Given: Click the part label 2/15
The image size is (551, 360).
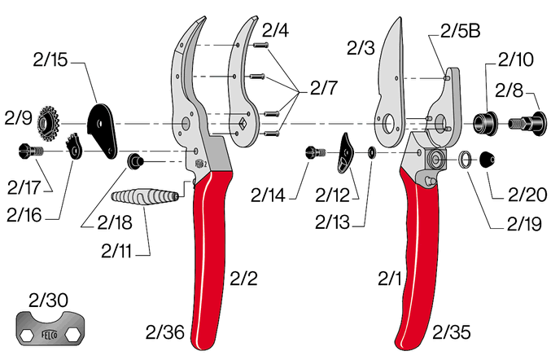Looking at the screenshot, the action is [50, 59].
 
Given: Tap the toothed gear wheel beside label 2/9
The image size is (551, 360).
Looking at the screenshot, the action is [48, 124].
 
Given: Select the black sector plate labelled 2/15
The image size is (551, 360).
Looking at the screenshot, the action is [102, 131].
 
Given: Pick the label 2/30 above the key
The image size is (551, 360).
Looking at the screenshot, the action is [49, 301].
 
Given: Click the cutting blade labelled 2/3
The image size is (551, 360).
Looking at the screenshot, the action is [391, 85].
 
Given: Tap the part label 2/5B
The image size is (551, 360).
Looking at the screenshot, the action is [460, 31].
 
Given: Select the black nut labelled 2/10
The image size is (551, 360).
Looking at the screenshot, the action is [485, 123].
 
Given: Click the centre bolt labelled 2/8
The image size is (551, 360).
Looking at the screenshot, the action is [527, 124].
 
